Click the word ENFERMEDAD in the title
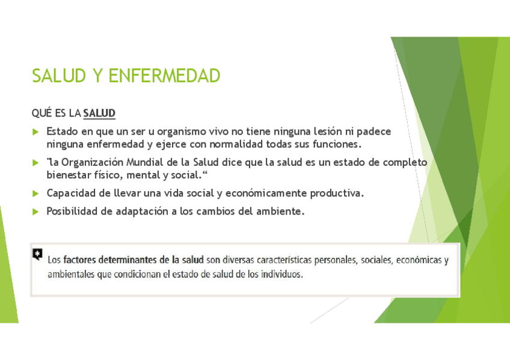[164, 76]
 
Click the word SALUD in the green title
[59, 76]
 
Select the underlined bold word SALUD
[99, 113]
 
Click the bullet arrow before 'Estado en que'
[35, 132]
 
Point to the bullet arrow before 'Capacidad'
[35, 194]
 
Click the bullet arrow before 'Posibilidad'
[35, 212]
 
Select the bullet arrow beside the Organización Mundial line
[35, 163]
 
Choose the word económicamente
[266, 193]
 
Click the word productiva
[337, 194]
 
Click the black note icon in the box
[37, 254]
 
